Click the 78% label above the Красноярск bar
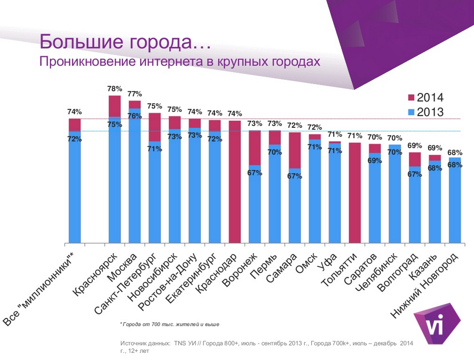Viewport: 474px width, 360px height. click(x=115, y=88)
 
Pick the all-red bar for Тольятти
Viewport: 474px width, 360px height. click(x=355, y=192)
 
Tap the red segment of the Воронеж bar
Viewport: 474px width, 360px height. click(x=255, y=148)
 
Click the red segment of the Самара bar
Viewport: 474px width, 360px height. click(x=295, y=150)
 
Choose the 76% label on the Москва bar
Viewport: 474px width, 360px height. click(x=135, y=116)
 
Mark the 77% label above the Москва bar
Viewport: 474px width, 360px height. click(x=135, y=94)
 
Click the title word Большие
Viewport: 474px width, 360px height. click(x=79, y=42)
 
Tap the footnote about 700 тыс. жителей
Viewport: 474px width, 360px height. click(x=170, y=324)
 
